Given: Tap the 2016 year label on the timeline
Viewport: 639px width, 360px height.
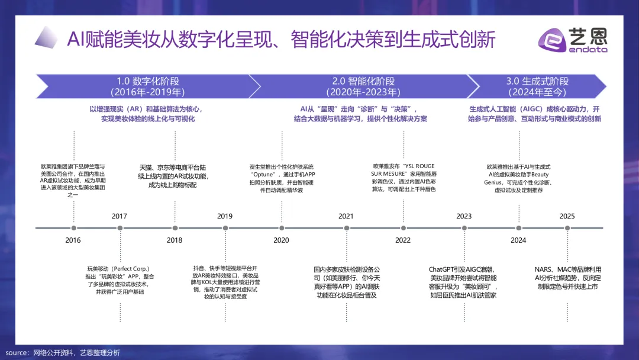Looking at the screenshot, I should tap(73, 240).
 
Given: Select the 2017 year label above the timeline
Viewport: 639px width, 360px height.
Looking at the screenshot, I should tap(120, 216).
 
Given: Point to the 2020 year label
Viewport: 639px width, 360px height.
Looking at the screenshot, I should tap(281, 240).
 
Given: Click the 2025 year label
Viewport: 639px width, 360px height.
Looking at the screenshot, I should tap(567, 216).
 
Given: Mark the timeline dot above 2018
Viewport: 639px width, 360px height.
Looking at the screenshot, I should tap(175, 228).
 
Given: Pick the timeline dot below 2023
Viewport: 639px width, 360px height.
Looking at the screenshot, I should tap(464, 228).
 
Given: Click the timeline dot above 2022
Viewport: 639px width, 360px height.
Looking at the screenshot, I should tap(403, 228).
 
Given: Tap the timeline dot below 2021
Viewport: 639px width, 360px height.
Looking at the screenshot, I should tap(346, 228).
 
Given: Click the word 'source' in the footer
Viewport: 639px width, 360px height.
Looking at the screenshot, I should tap(17, 353).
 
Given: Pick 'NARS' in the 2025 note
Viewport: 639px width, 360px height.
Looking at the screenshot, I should tap(545, 269).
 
